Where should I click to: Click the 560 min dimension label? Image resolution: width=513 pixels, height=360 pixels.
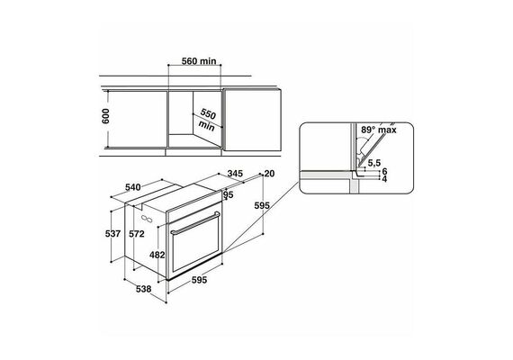coord(199,61)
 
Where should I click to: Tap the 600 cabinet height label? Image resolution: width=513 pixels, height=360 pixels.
coord(105,116)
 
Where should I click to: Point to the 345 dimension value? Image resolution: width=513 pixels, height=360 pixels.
coord(235,174)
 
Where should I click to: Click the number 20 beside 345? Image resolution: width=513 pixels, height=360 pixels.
coord(269,174)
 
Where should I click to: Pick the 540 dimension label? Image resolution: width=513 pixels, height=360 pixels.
coord(133,187)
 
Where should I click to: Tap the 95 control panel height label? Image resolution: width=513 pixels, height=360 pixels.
coord(229,195)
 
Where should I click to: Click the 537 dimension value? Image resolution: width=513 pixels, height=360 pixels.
coord(112,234)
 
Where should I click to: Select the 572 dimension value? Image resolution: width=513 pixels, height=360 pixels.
coord(137,234)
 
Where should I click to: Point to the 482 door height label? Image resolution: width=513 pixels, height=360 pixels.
coord(157,255)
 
